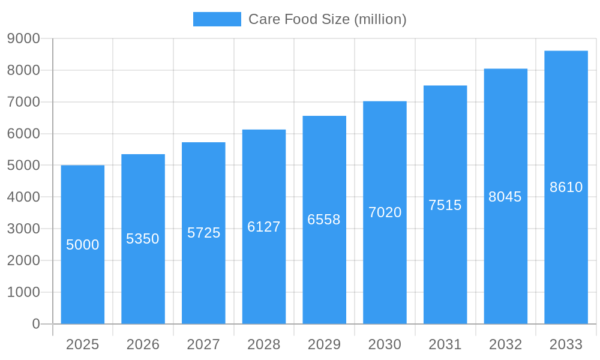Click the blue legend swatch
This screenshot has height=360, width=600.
coord(217,19)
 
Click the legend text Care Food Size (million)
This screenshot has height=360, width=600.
coord(327,19)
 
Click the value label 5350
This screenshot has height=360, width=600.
coord(143,239)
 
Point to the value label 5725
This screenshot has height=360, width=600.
coord(204,233)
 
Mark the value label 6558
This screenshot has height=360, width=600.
coord(324,220)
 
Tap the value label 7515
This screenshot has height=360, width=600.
coord(445,205)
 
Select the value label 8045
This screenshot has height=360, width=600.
coord(505,197)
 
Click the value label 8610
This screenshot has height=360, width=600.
coord(566,187)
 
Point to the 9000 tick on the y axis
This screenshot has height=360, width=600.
coord(23,38)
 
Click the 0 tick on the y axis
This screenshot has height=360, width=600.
coord(36,324)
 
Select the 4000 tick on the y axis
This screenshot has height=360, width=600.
coord(23,197)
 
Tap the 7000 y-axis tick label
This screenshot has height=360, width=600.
coord(23,102)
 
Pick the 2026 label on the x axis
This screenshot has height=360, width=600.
coord(143,344)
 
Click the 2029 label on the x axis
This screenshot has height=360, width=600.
coord(324,344)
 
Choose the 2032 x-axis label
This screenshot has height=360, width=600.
coord(505,344)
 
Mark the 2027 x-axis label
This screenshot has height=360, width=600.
coord(203,344)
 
